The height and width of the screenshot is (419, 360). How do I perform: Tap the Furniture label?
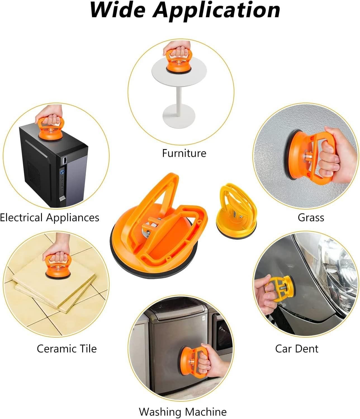point(184,153)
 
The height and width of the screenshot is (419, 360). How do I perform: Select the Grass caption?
point(311,217)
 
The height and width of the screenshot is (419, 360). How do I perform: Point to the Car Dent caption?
point(297,349)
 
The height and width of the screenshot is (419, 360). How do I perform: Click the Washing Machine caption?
point(183,412)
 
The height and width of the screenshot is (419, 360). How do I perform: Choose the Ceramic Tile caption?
point(67,349)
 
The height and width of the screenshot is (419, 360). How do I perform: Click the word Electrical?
point(21,217)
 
